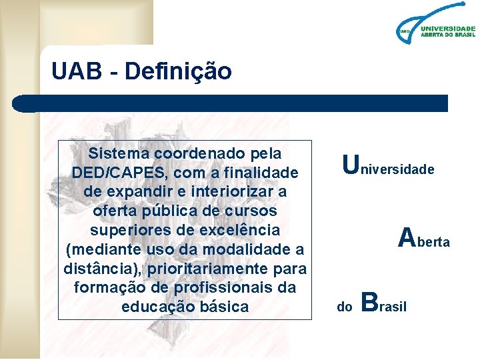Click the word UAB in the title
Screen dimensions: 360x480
pyautogui.click(x=72, y=71)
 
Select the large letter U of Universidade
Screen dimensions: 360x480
pyautogui.click(x=349, y=163)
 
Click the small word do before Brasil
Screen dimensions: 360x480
pyautogui.click(x=345, y=307)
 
